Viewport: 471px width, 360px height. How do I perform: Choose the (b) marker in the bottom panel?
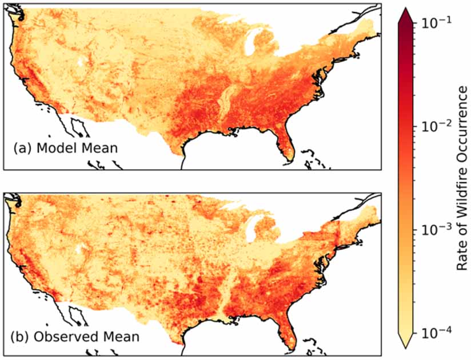pos(21,337)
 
